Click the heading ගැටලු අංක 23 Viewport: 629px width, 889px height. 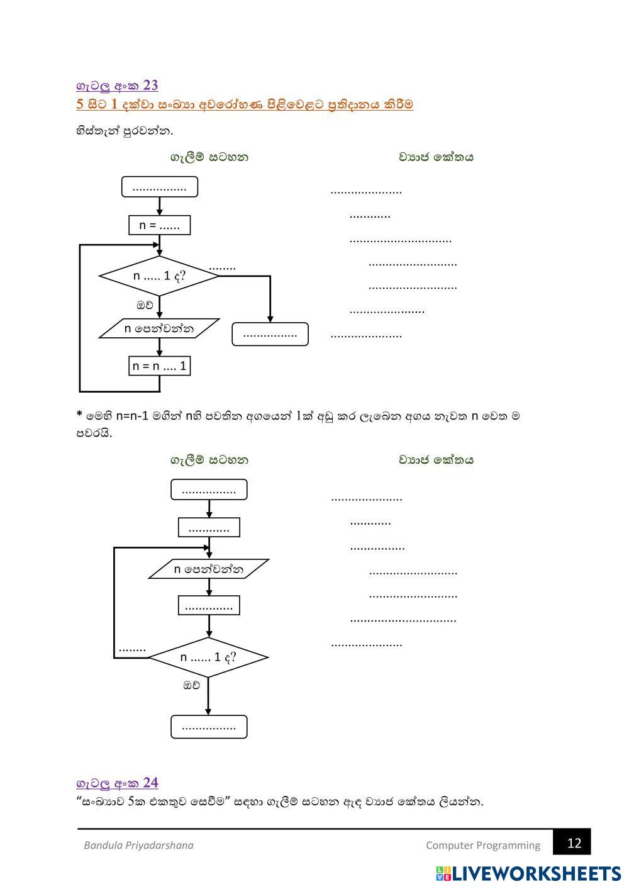tap(117, 86)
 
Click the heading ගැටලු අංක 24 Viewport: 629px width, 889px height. tap(117, 783)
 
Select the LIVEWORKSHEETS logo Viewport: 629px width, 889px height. tap(528, 873)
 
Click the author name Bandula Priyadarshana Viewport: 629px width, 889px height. tap(138, 845)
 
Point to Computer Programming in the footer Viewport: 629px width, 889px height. tap(482, 845)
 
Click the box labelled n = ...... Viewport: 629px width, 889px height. tap(159, 225)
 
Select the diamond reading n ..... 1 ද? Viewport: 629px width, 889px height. tap(159, 276)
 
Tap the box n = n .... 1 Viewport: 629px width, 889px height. tap(159, 366)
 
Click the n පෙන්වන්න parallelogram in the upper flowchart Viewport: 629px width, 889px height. tap(159, 328)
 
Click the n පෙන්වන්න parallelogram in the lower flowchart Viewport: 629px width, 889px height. tap(209, 569)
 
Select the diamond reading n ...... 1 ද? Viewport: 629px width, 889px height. tap(208, 657)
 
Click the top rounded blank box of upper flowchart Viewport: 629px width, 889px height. tap(159, 187)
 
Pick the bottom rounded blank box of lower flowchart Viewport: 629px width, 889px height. tap(209, 727)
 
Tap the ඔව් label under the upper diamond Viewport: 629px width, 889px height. tap(145, 305)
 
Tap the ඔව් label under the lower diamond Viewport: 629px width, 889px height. tap(191, 685)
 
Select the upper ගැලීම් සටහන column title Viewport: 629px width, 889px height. tap(209, 157)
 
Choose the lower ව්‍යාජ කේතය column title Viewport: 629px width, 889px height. tap(435, 460)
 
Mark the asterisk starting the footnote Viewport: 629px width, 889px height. tap(79, 415)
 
